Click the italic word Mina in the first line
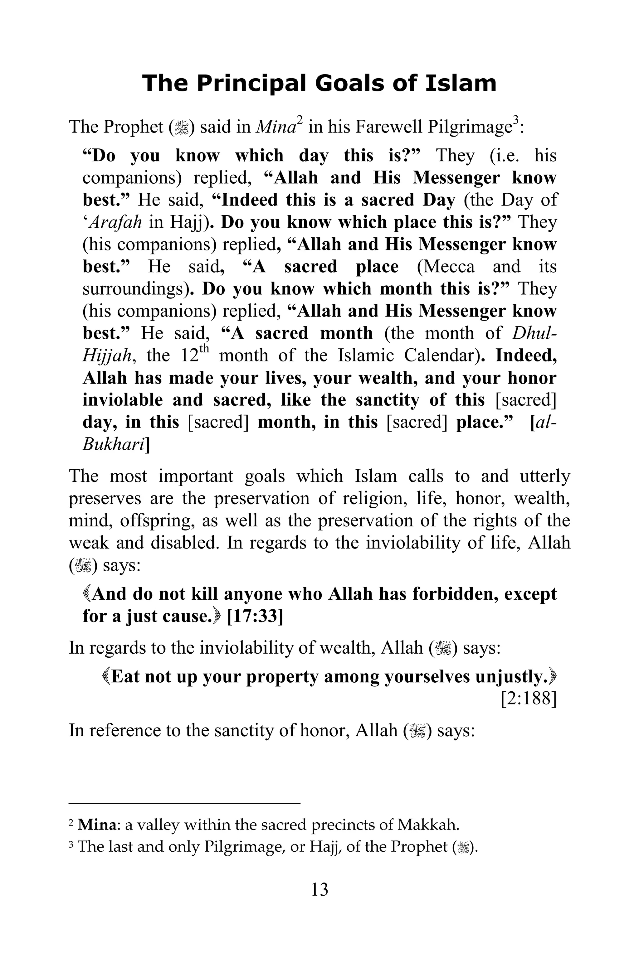click(276, 128)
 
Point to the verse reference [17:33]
click(255, 616)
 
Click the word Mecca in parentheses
click(446, 267)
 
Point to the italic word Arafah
click(115, 222)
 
